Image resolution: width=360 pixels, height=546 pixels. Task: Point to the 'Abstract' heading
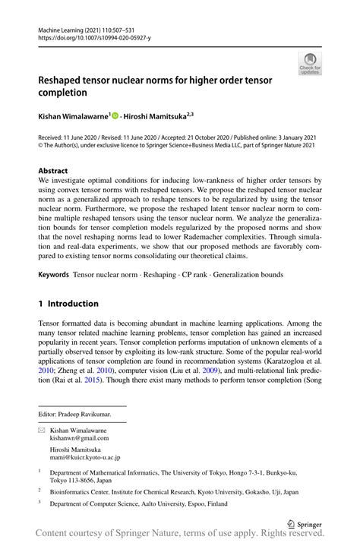click(x=53, y=171)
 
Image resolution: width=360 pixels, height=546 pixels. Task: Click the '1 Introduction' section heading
click(x=68, y=303)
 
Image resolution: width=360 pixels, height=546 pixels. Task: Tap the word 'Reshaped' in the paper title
click(x=65, y=80)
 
